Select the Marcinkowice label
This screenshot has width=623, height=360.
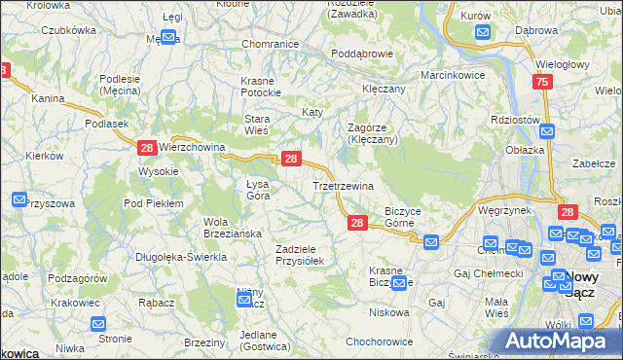pos(453,75)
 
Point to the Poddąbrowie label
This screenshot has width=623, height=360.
pos(360,54)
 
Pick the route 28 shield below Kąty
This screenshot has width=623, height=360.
pos(290,158)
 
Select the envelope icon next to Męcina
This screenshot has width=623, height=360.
pos(167,39)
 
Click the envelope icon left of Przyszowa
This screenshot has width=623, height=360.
pos(19,199)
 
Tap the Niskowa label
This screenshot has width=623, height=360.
pos(388,312)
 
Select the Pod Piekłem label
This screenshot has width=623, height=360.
pos(154,202)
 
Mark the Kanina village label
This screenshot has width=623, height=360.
pos(47,98)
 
